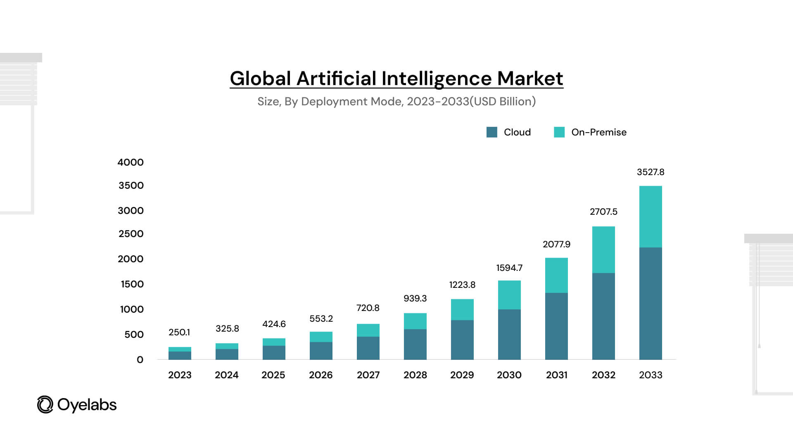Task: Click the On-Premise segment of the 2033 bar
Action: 651,216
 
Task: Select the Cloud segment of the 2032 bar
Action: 603,316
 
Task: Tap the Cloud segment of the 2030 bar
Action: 509,334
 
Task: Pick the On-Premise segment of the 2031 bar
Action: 556,275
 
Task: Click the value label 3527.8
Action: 651,172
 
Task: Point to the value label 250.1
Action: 179,332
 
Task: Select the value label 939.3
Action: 415,299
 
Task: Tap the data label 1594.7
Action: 509,268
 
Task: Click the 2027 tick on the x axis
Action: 368,375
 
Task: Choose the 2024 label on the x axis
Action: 226,375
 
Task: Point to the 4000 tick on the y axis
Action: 131,162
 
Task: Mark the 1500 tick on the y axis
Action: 132,284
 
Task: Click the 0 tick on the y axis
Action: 140,360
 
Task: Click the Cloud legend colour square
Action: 491,132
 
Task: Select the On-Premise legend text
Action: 599,132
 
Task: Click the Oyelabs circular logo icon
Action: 45,405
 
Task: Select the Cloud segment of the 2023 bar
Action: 180,355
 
